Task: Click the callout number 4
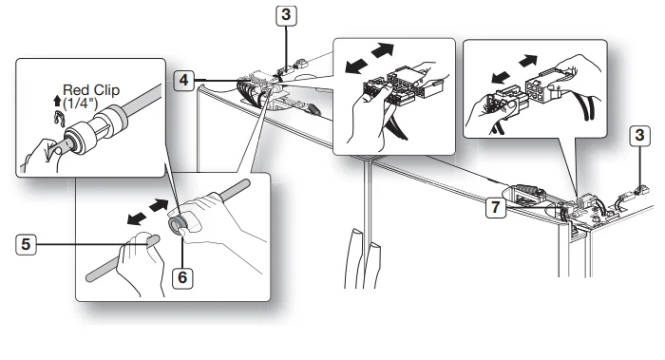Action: tap(183, 80)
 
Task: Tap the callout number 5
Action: tap(26, 245)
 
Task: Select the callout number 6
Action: tap(182, 277)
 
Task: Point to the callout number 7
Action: tap(496, 208)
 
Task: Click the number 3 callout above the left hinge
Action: tap(286, 15)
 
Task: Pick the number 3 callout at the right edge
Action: tap(639, 136)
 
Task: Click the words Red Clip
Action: tap(91, 90)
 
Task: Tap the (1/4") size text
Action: tap(80, 103)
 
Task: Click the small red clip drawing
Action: tap(59, 118)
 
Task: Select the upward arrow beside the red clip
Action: tap(57, 101)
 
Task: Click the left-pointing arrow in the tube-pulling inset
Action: tap(137, 218)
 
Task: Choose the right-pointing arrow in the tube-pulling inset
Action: tap(160, 205)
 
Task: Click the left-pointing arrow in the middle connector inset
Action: tap(356, 66)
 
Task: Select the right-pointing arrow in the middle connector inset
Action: tap(382, 50)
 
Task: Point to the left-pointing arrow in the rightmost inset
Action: tap(501, 78)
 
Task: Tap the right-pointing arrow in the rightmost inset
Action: tap(528, 61)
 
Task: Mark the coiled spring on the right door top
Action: tap(526, 188)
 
